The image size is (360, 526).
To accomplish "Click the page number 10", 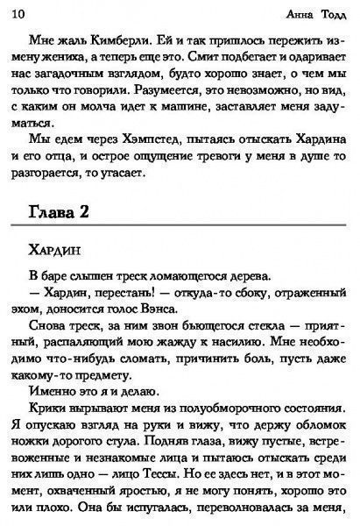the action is pyautogui.click(x=18, y=11).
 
